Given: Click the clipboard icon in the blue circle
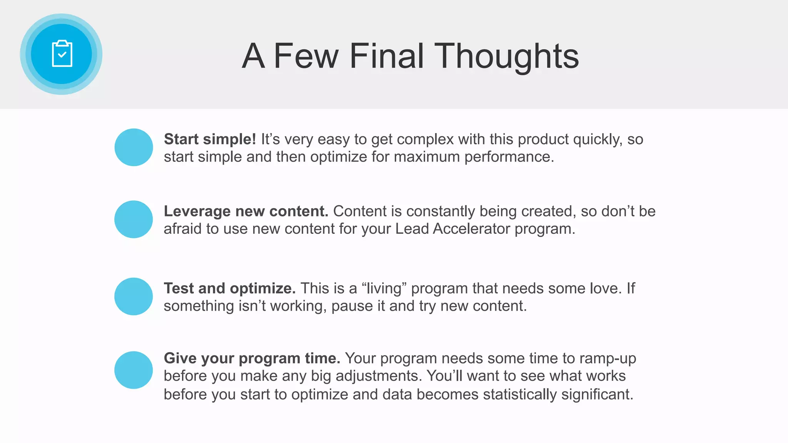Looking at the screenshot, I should (62, 54).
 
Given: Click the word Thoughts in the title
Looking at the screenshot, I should (506, 56).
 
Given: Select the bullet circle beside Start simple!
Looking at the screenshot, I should (134, 147).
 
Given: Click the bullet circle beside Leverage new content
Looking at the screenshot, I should (134, 219).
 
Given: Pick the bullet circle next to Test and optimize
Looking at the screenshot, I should (134, 296).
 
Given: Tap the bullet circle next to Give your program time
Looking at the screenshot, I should (134, 370).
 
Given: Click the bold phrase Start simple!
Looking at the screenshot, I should (210, 139).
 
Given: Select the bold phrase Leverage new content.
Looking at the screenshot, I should (246, 211).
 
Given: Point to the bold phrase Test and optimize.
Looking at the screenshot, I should (230, 288).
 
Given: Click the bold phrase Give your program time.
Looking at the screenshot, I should (252, 358).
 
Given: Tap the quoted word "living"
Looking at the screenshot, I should (384, 288).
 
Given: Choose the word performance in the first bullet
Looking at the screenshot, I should (509, 157).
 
